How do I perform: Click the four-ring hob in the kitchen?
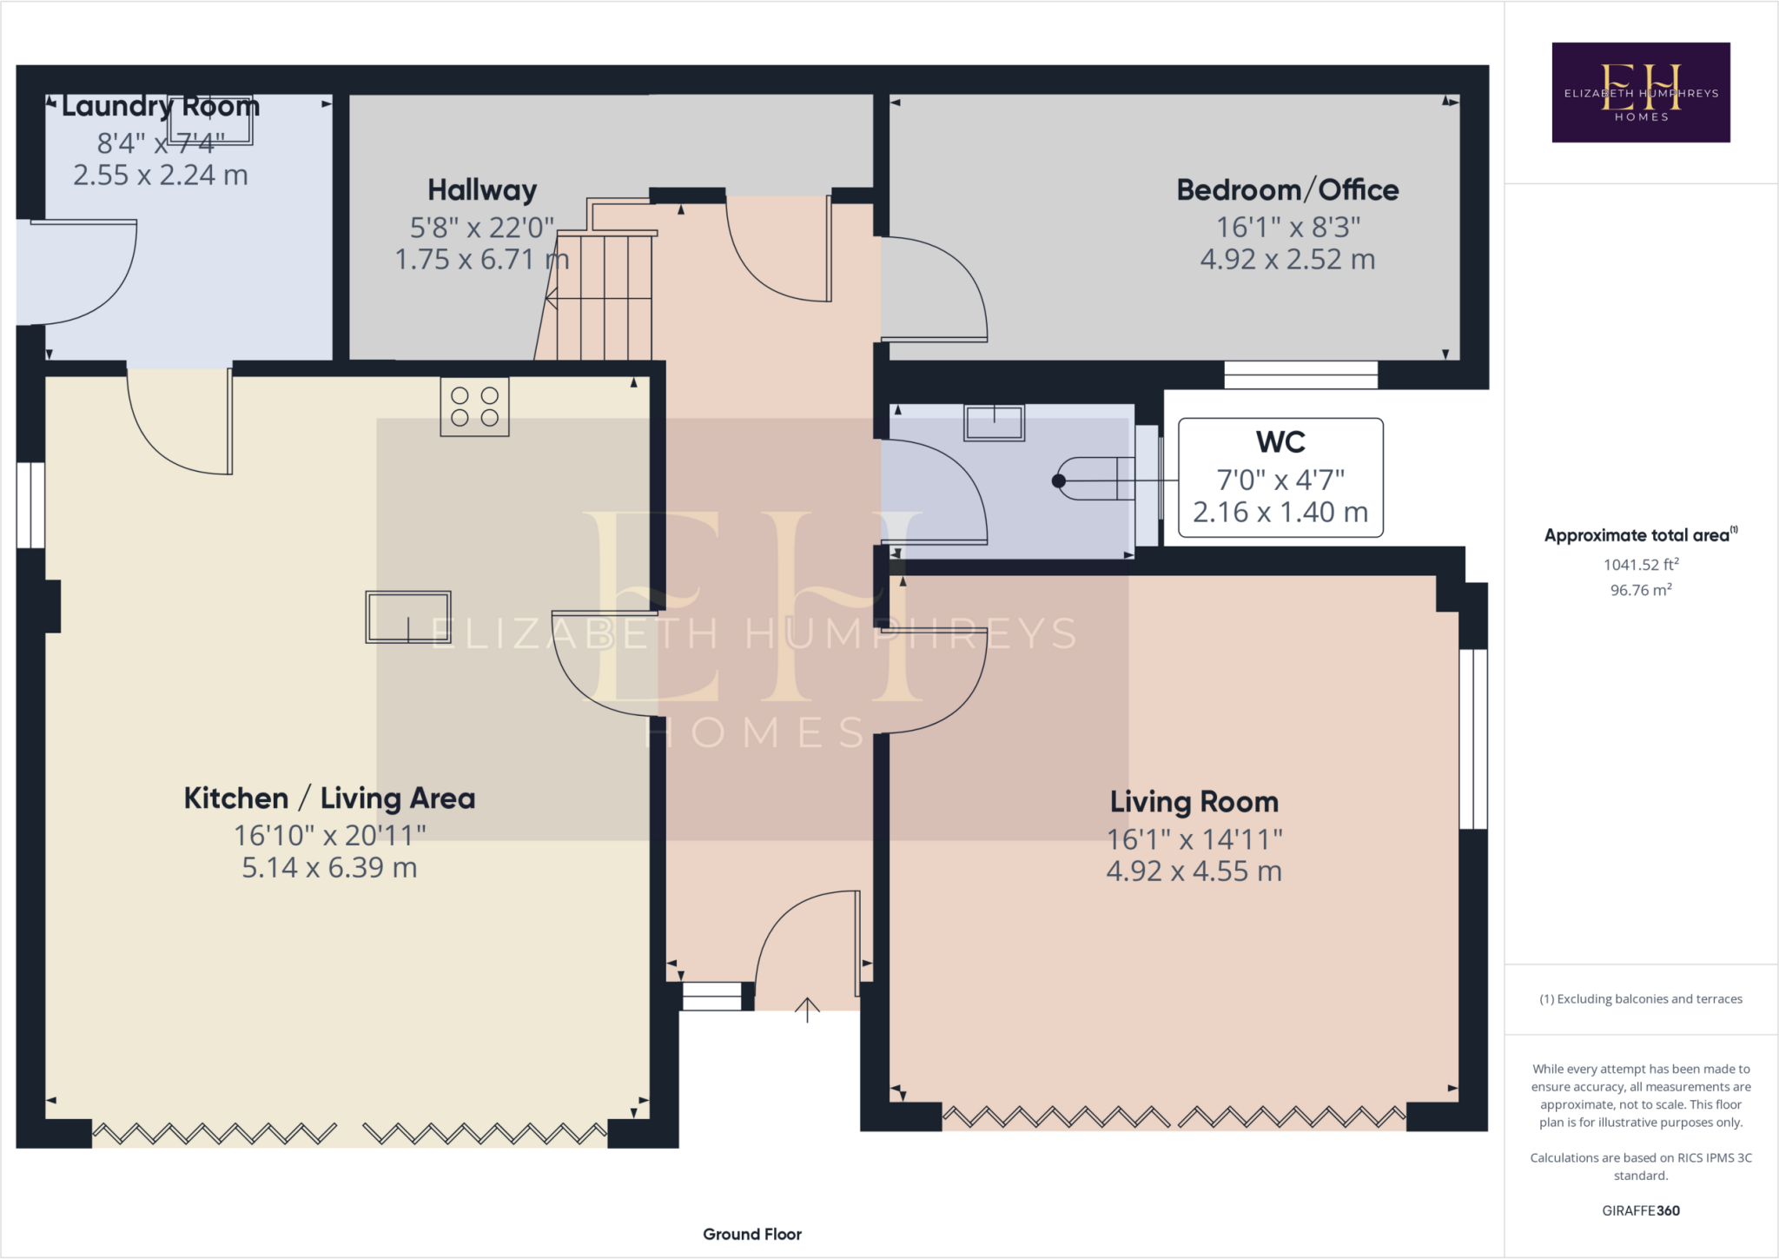point(474,407)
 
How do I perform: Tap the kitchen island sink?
point(407,617)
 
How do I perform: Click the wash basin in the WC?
point(994,423)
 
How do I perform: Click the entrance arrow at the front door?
point(807,1010)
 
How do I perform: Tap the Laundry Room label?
point(161,107)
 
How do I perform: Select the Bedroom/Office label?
point(1286,190)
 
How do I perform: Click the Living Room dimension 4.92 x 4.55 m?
point(1194,871)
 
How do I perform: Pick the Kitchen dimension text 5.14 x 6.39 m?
point(329,868)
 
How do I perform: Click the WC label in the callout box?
point(1280,442)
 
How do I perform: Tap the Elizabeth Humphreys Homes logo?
point(1640,92)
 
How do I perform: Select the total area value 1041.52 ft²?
point(1640,565)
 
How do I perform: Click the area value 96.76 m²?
point(1640,590)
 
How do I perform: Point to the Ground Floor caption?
point(751,1234)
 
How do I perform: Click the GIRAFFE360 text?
point(1640,1210)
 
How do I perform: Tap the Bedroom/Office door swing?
point(938,291)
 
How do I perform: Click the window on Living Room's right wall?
point(1472,739)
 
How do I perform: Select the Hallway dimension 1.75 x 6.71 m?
point(481,260)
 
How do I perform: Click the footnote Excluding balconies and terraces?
point(1640,999)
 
